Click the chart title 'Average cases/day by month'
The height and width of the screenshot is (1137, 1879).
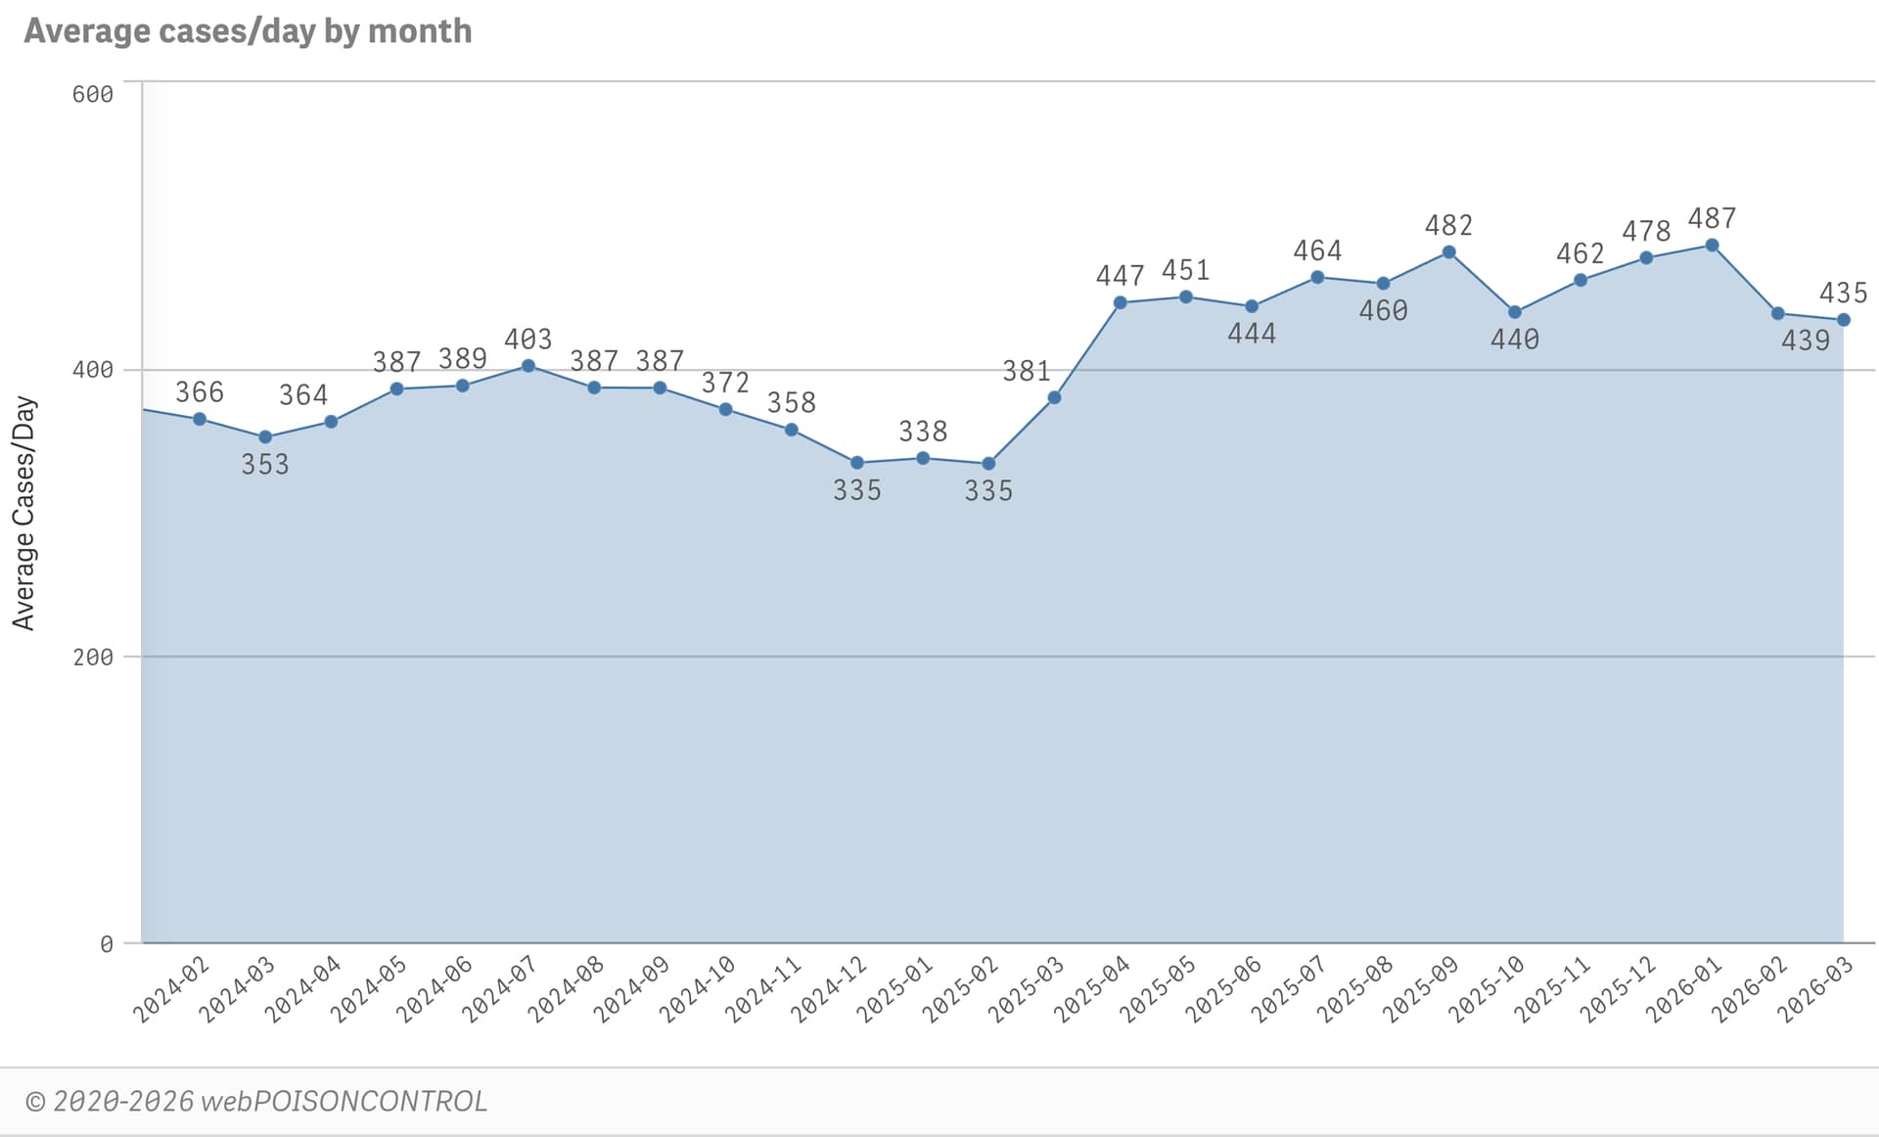[x=248, y=31]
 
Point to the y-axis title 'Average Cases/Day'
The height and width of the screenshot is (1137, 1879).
[x=23, y=513]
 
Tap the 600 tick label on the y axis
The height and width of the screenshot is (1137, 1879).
[x=93, y=94]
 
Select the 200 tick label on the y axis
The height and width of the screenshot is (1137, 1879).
[x=93, y=657]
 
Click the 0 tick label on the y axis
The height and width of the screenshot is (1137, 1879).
[x=106, y=944]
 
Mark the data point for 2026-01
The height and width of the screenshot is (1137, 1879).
[x=1712, y=246]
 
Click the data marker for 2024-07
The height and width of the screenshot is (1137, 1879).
[x=528, y=366]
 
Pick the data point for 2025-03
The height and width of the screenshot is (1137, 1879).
[x=1054, y=397]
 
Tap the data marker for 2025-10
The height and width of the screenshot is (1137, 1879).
[x=1515, y=312]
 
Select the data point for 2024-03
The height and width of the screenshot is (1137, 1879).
[x=265, y=437]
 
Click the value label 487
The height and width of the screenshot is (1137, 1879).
[x=1712, y=218]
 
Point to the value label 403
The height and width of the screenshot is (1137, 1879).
[x=528, y=340]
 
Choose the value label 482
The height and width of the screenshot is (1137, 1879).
[x=1448, y=226]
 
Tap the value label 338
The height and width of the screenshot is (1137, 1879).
[x=923, y=432]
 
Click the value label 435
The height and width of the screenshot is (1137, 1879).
[x=1843, y=293]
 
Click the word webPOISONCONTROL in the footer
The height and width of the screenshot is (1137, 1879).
[x=344, y=1102]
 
